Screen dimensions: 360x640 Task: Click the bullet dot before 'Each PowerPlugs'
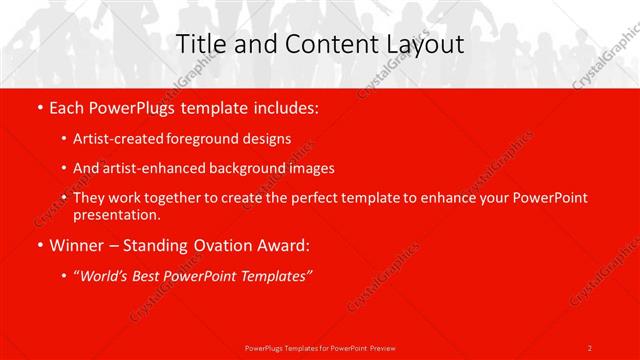click(x=38, y=106)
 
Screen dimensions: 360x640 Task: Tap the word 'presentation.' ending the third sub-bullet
click(x=116, y=214)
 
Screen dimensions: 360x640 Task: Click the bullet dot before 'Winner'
click(x=38, y=244)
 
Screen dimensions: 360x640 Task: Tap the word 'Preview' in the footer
click(x=381, y=347)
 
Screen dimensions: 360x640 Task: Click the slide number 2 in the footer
click(x=589, y=347)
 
